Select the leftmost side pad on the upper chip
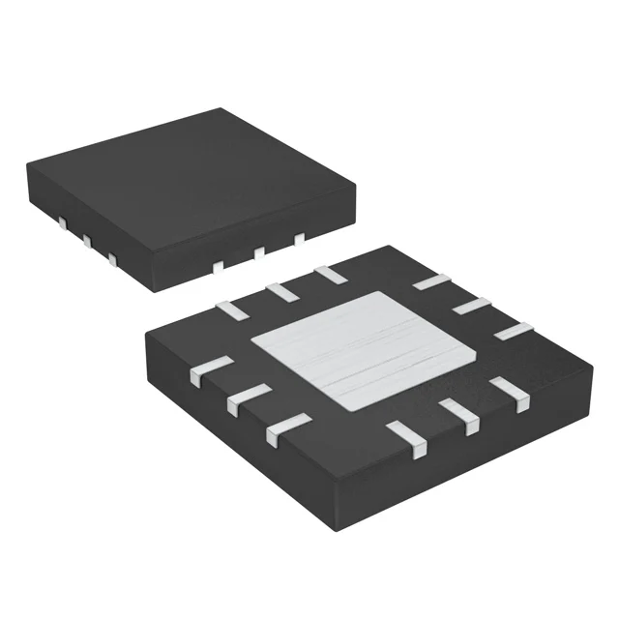point(61,224)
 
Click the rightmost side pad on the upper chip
point(299,237)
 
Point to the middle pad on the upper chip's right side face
point(259,251)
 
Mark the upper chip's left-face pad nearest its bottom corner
point(113,259)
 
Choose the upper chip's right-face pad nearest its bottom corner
point(219,265)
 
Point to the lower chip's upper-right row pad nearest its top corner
point(431,282)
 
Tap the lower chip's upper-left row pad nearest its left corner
point(231,309)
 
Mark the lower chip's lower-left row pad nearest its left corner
point(212,370)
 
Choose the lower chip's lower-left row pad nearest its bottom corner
point(289,426)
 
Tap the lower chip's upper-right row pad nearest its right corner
point(512,331)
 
